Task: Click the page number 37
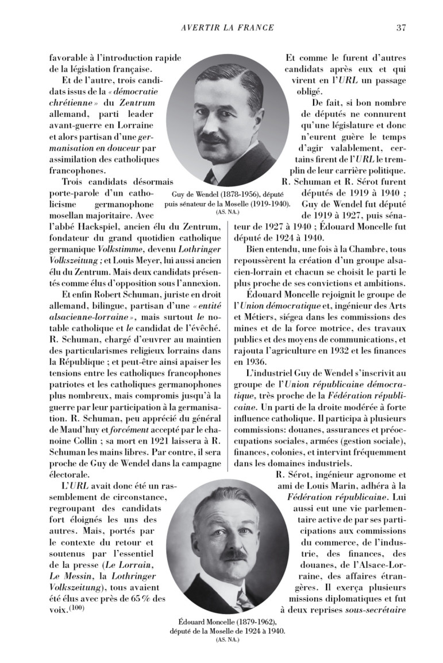[402, 28]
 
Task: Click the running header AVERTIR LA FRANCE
[227, 28]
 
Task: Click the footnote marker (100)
[76, 608]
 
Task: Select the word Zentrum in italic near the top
[137, 103]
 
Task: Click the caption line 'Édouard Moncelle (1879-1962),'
[228, 622]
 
